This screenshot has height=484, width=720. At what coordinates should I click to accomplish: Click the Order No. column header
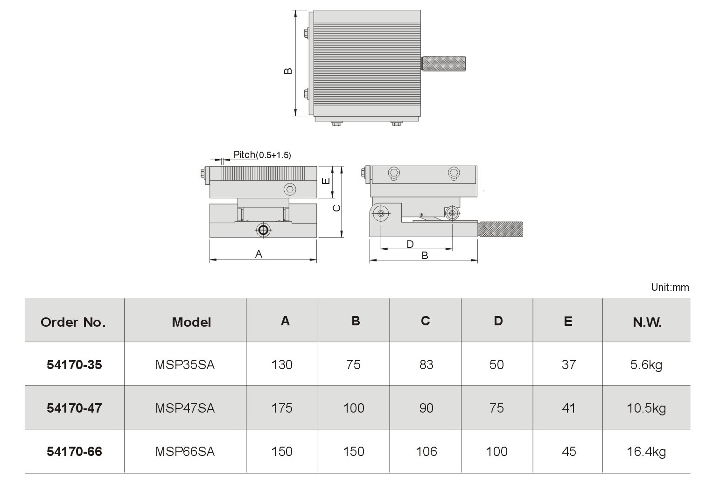click(x=73, y=322)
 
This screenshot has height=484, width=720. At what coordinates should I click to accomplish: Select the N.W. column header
click(x=647, y=322)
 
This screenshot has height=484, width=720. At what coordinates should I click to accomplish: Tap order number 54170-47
click(x=74, y=408)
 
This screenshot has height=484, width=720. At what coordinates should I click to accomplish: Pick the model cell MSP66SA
click(x=185, y=451)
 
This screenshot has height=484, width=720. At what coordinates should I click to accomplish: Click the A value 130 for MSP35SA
click(x=282, y=365)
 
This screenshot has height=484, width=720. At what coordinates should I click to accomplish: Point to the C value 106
click(x=426, y=451)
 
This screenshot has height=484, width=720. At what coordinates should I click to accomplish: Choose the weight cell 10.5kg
click(x=646, y=408)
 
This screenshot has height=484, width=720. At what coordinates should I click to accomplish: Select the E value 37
click(x=569, y=365)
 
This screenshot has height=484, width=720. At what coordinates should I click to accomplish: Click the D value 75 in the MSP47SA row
click(x=496, y=408)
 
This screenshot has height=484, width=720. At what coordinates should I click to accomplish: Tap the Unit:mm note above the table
click(x=670, y=287)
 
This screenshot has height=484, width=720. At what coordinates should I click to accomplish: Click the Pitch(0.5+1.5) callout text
click(x=262, y=154)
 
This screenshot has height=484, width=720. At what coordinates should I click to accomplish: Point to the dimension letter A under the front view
click(x=259, y=254)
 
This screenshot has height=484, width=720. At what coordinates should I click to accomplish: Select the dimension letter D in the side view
click(x=410, y=244)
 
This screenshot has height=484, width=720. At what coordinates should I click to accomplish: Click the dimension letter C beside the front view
click(x=336, y=208)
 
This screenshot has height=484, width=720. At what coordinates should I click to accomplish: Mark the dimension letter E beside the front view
click(x=326, y=182)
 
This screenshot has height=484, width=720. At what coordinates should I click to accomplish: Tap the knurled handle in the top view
click(x=444, y=63)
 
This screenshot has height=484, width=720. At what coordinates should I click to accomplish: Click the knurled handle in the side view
click(x=501, y=229)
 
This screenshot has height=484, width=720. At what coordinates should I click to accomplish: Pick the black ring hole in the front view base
click(x=263, y=230)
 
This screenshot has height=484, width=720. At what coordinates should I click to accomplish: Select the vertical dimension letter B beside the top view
click(x=288, y=71)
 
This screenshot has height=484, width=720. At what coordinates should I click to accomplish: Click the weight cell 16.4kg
click(x=646, y=452)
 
